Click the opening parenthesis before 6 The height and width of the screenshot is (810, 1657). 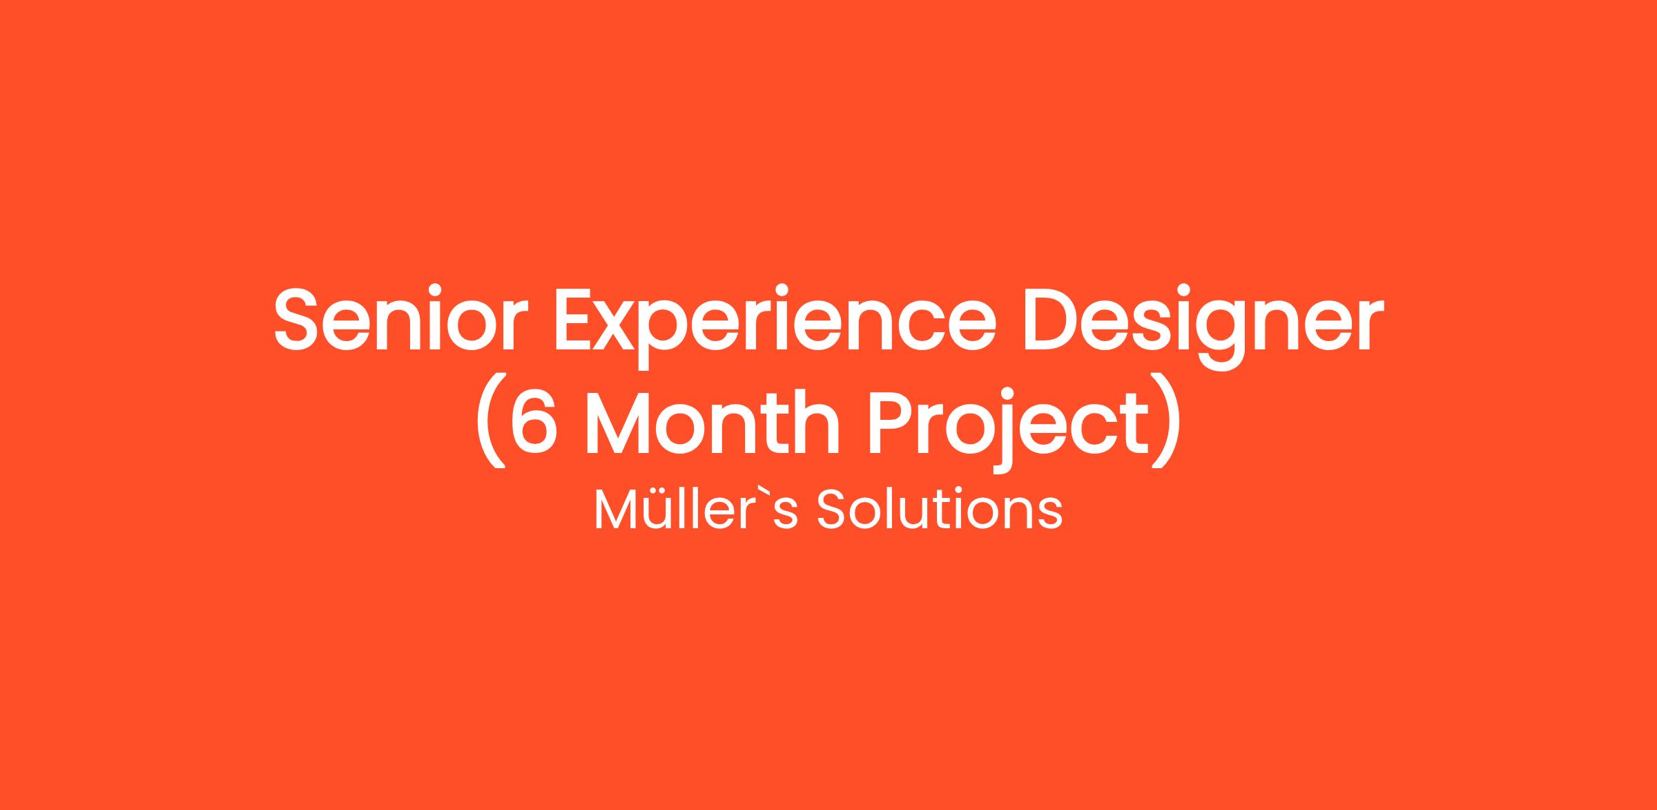point(491,423)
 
